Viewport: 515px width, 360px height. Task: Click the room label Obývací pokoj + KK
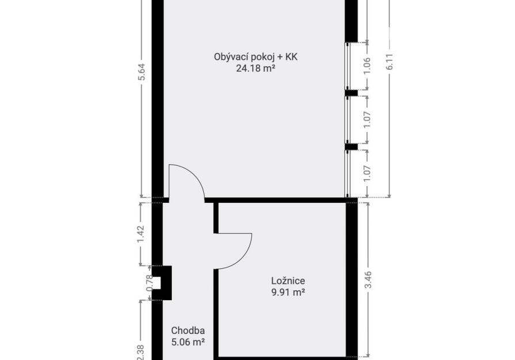(x=256, y=57)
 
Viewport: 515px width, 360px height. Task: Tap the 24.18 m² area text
(x=256, y=69)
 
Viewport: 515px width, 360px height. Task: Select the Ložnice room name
(x=288, y=281)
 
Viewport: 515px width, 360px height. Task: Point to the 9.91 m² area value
(x=288, y=292)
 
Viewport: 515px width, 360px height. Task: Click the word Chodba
(x=188, y=331)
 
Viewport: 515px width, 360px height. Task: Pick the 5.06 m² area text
(x=188, y=342)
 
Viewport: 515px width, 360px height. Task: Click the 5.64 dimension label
(x=141, y=72)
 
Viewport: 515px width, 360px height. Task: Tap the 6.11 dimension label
(x=389, y=62)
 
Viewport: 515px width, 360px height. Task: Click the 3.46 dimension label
(x=368, y=280)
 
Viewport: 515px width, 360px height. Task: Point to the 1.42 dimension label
(x=141, y=235)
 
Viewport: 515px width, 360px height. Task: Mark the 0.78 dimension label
(x=149, y=283)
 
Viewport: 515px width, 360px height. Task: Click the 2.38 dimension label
(x=141, y=352)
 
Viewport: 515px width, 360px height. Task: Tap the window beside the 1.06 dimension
(x=347, y=66)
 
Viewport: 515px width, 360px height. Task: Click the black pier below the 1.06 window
(x=351, y=93)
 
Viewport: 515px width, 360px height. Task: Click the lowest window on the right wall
(x=347, y=173)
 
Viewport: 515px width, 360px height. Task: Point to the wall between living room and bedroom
(x=275, y=200)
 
